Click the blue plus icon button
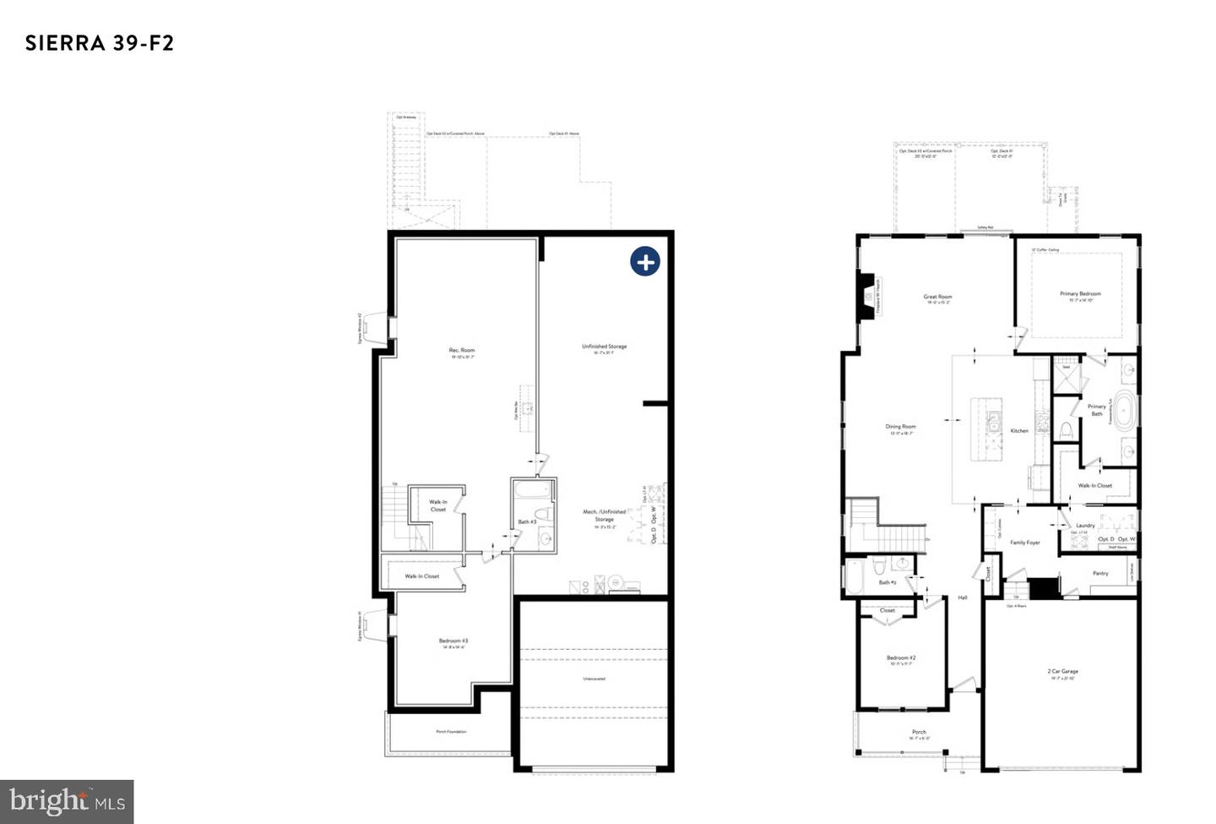tap(645, 262)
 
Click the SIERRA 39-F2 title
tap(100, 43)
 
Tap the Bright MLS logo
tap(67, 801)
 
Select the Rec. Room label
tap(462, 350)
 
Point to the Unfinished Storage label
tap(604, 347)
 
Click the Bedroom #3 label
tap(453, 641)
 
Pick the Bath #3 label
tap(527, 521)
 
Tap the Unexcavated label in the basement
tap(594, 679)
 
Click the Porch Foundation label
tap(451, 732)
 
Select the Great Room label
tap(937, 297)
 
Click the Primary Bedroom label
tap(1080, 294)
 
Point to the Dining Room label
tap(900, 427)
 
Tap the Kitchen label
tap(1020, 431)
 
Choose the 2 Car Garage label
tap(1062, 672)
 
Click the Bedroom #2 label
tap(901, 658)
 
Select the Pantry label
tap(1100, 573)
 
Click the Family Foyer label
tap(1025, 543)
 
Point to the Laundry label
tap(1085, 526)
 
